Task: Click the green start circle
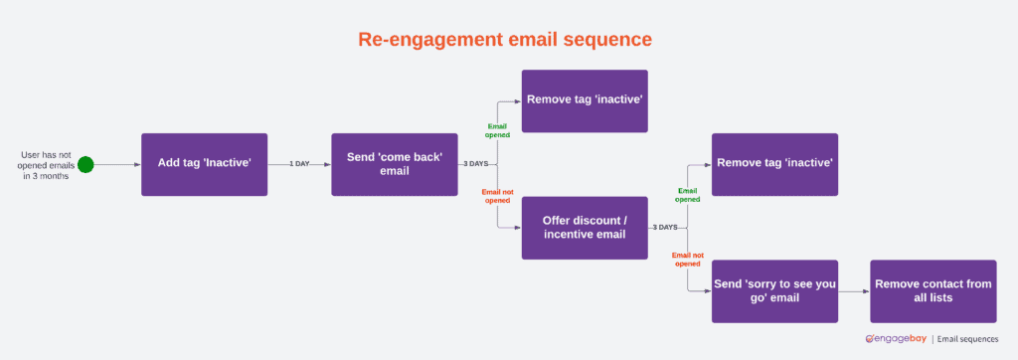click(x=85, y=164)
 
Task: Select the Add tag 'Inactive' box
click(x=204, y=164)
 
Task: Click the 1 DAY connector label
click(x=299, y=164)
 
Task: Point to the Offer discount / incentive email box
click(x=585, y=228)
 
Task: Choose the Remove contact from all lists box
click(x=933, y=291)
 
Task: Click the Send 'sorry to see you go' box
click(x=774, y=291)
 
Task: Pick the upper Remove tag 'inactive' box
click(x=585, y=100)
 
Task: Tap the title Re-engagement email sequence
click(x=505, y=39)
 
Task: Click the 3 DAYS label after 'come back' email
click(x=475, y=164)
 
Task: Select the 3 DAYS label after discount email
click(x=665, y=228)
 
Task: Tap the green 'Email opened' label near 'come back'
click(x=497, y=130)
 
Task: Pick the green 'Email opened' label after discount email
click(x=687, y=195)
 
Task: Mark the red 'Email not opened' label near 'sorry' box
click(x=687, y=259)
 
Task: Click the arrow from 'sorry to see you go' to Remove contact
click(x=853, y=291)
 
